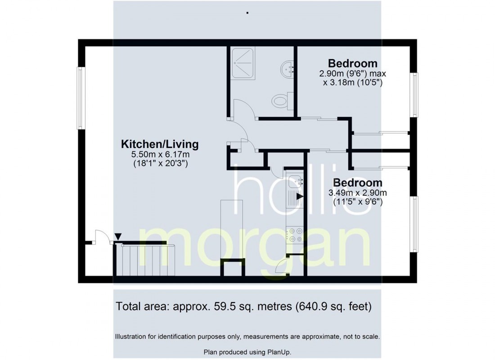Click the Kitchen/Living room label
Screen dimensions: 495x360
(x=160, y=144)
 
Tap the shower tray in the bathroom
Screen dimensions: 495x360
(x=243, y=64)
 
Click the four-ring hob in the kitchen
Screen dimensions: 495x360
(x=295, y=235)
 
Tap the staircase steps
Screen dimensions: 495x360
(x=144, y=261)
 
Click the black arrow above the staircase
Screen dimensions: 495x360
(x=118, y=237)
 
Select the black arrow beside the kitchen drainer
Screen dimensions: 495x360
(x=300, y=196)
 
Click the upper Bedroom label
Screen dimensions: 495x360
(x=353, y=63)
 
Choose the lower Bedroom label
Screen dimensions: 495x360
(x=357, y=183)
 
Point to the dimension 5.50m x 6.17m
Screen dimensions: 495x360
(x=160, y=155)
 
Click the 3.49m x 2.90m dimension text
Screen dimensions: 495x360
(x=358, y=193)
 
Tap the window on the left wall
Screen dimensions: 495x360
(x=81, y=98)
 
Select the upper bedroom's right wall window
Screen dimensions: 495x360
(x=414, y=95)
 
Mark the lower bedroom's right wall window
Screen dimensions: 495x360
(x=414, y=224)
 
